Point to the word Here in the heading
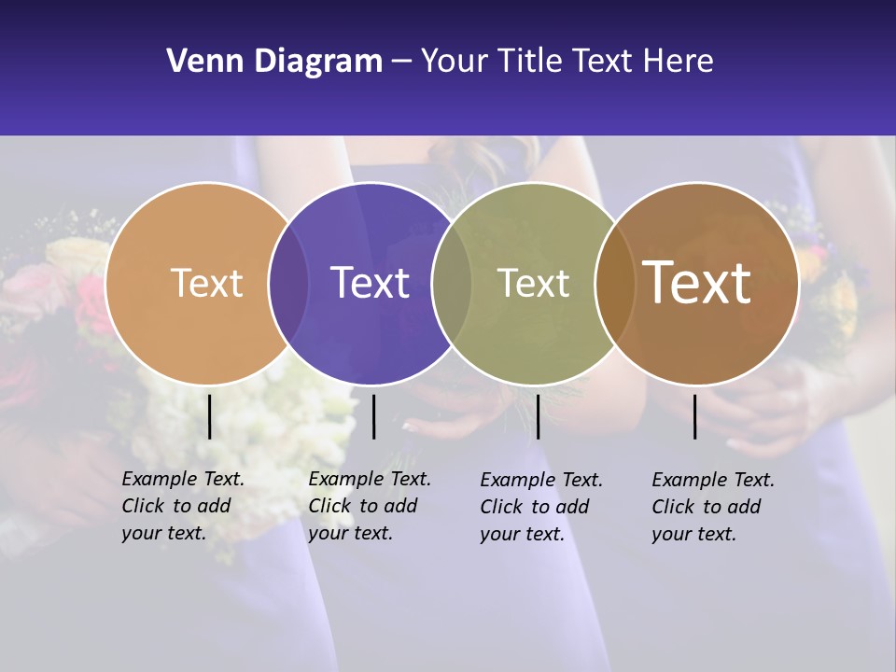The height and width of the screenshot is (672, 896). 679,62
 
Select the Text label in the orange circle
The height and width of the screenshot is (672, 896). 206,283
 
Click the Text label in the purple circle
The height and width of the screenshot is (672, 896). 370,283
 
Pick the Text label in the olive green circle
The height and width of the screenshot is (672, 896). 533,283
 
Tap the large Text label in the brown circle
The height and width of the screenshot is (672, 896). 696,282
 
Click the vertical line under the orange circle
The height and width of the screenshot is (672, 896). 209,416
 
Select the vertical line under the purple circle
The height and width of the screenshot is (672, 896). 373,416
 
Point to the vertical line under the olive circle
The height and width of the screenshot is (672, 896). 538,416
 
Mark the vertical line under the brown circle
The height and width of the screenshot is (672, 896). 695,416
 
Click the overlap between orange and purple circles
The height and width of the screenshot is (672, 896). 288,283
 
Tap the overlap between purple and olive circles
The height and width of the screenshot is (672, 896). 452,283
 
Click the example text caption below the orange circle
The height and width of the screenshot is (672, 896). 182,507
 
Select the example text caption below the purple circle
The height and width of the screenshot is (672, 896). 369,507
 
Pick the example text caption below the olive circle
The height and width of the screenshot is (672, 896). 540,507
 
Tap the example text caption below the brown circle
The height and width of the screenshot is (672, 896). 712,507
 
